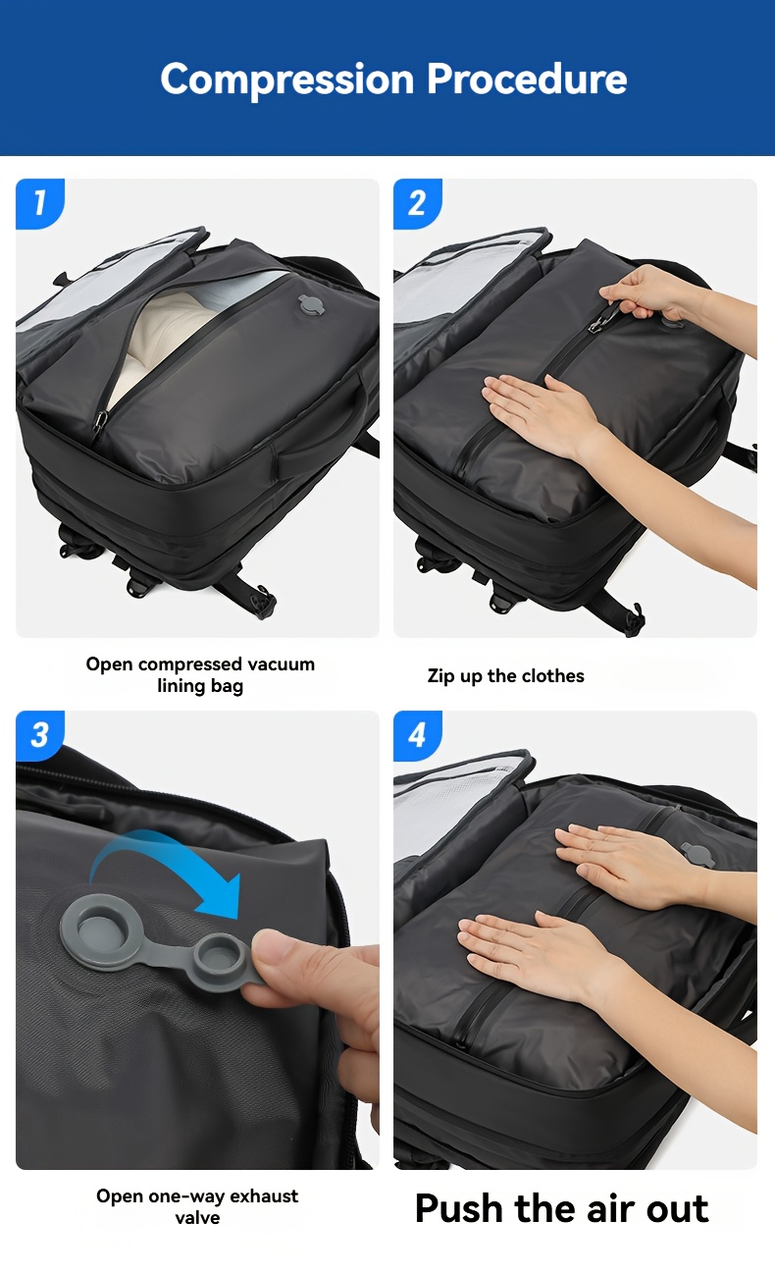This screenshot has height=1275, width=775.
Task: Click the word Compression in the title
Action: pyautogui.click(x=286, y=80)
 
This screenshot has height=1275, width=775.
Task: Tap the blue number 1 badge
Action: pyautogui.click(x=40, y=204)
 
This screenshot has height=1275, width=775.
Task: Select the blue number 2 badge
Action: pyautogui.click(x=418, y=204)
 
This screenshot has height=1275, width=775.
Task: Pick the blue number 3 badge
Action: pyautogui.click(x=40, y=735)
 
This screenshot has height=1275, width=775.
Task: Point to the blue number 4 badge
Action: pyautogui.click(x=418, y=735)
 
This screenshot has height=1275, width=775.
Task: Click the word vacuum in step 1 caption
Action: pyautogui.click(x=281, y=664)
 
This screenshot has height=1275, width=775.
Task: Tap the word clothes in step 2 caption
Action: pyautogui.click(x=552, y=675)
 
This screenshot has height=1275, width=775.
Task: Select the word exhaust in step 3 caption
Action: pyautogui.click(x=264, y=1195)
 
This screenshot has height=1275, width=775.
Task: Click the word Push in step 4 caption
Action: pyautogui.click(x=459, y=1208)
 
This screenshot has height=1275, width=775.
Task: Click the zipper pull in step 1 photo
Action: pyautogui.click(x=100, y=422)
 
